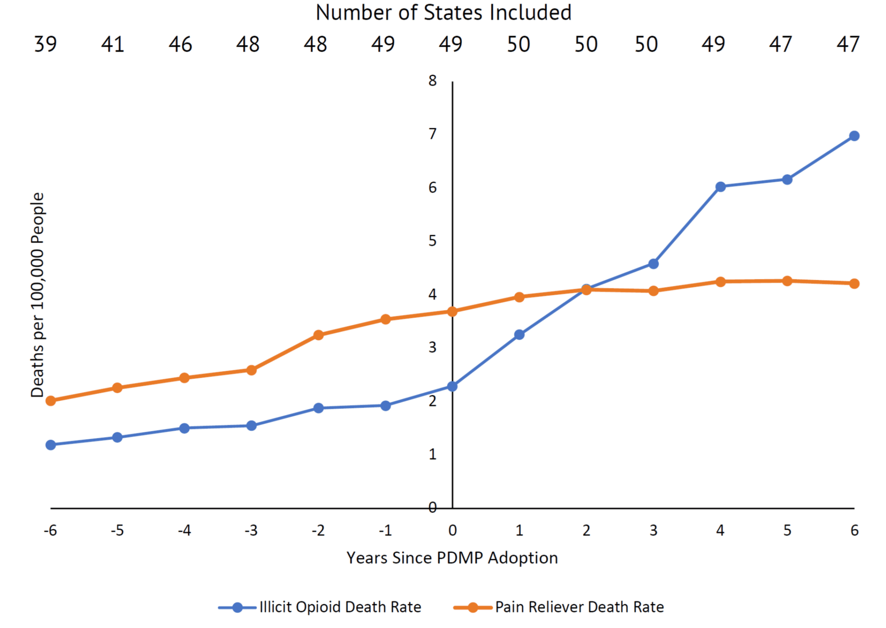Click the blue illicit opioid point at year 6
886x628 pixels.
[x=854, y=136]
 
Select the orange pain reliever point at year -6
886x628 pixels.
[x=51, y=401]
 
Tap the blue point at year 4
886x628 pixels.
[x=720, y=187]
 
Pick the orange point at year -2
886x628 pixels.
[x=318, y=335]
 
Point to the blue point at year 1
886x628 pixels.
[x=519, y=334]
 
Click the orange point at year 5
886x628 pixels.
[x=787, y=281]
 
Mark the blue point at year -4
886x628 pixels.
[x=184, y=428]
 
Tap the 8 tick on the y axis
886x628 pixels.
[x=433, y=81]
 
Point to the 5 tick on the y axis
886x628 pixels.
[x=433, y=241]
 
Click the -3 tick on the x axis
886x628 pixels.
[x=251, y=531]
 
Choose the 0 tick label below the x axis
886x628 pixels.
[x=453, y=531]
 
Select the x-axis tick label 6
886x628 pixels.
[x=854, y=531]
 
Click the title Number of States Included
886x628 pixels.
[x=443, y=13]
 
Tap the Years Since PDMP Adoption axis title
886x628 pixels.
[x=452, y=558]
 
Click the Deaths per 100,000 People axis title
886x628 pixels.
[x=38, y=295]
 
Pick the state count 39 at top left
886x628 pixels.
[x=45, y=44]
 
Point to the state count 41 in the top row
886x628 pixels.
[x=113, y=44]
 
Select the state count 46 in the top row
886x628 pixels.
[x=180, y=44]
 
